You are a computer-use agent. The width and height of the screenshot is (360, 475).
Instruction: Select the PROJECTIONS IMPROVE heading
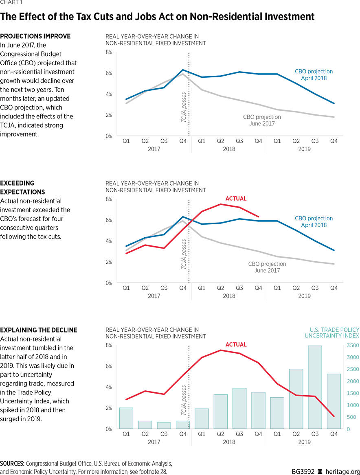click(35, 36)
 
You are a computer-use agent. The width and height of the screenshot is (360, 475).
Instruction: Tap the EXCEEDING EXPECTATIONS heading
click(22, 188)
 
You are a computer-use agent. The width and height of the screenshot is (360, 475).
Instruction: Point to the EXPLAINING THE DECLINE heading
click(39, 330)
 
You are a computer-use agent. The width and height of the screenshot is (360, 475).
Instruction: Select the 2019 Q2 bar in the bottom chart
click(296, 398)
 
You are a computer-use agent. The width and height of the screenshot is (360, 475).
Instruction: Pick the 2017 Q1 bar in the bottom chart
click(126, 418)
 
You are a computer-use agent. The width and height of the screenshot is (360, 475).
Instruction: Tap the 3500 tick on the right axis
click(352, 345)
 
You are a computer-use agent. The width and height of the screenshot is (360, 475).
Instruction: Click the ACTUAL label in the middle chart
click(236, 199)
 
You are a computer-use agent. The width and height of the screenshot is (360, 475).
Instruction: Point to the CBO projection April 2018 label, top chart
click(314, 74)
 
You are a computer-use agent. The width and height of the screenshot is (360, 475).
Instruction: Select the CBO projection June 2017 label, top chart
click(262, 120)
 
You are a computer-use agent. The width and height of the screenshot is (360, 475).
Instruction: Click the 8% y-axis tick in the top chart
click(109, 52)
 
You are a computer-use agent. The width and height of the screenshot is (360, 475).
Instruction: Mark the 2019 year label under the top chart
click(304, 149)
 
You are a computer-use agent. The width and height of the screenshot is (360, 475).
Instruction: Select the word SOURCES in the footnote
click(12, 464)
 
